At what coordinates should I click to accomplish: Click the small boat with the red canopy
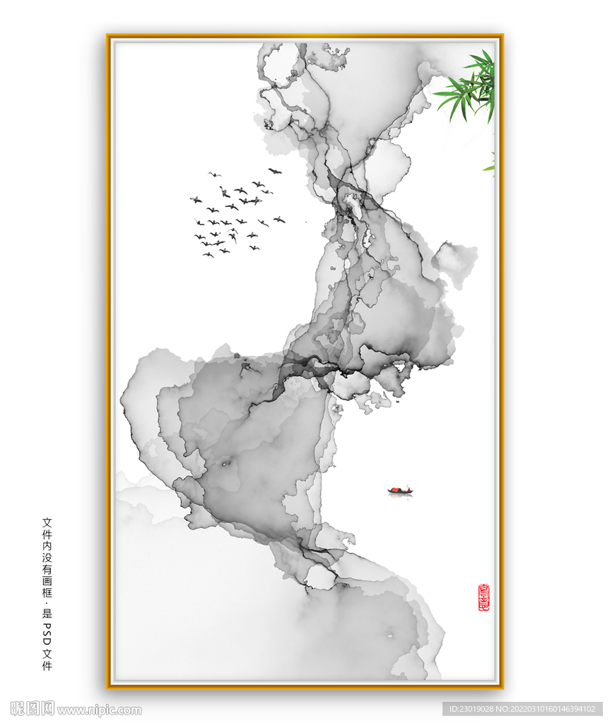click(x=400, y=491)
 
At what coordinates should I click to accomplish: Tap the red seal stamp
click(x=483, y=597)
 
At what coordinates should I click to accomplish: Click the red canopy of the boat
click(x=395, y=489)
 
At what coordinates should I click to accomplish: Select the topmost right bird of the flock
click(x=275, y=171)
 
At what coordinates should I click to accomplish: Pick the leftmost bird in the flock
click(x=196, y=200)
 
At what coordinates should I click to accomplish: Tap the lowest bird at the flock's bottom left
click(x=208, y=254)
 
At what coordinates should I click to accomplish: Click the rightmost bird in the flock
click(x=279, y=220)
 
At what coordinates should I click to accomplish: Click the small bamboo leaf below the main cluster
click(x=489, y=167)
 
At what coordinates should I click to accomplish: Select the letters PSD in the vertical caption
click(x=47, y=633)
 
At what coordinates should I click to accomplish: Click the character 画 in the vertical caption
click(x=47, y=582)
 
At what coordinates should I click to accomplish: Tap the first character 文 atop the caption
click(x=47, y=522)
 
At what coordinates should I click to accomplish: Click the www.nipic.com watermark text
click(x=99, y=710)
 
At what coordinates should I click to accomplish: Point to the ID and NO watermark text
click(x=522, y=709)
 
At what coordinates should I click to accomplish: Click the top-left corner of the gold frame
click(x=108, y=36)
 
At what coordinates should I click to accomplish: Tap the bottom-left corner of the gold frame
click(x=108, y=687)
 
